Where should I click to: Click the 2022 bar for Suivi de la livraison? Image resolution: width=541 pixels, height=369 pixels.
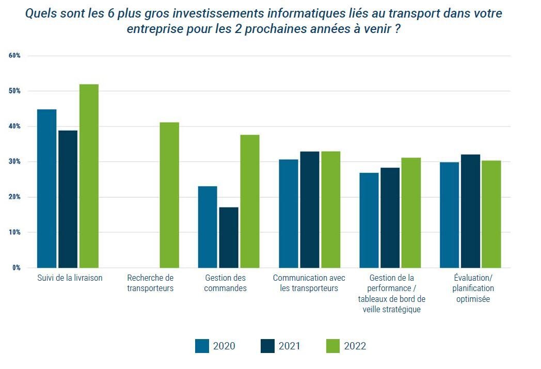coord(89,176)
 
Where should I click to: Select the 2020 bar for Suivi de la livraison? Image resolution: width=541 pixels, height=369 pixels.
coord(47,188)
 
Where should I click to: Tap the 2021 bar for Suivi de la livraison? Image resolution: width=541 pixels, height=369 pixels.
coord(68,199)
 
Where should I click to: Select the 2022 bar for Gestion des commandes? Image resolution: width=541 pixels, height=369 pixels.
coord(250,201)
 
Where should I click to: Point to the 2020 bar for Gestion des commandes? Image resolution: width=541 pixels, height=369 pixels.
coord(208,227)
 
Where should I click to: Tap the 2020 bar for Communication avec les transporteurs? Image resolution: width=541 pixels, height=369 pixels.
coord(289,214)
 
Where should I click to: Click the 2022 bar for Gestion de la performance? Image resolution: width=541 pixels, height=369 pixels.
coord(411,213)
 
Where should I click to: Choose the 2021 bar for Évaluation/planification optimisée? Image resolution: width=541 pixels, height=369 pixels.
coord(470,211)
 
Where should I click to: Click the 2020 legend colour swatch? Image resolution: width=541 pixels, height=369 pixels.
coord(202,346)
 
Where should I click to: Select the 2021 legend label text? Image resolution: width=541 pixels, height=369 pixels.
coord(289,346)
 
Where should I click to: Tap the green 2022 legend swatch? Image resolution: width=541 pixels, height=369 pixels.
coord(333,346)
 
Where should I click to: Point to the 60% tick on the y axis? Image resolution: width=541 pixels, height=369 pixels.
coord(14,56)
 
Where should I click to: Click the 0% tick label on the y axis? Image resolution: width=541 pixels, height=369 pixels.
coord(16,268)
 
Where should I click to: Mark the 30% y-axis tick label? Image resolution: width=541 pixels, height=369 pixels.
coord(14,162)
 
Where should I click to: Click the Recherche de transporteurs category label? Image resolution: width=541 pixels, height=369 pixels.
coord(150,283)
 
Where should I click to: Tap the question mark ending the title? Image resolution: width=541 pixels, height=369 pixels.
coord(397,29)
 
